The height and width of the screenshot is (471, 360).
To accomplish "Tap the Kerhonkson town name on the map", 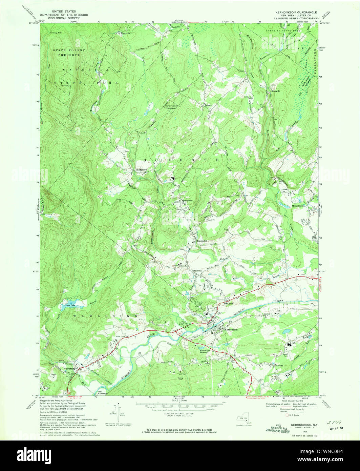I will [231, 329].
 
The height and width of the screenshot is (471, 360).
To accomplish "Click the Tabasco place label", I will [208, 105].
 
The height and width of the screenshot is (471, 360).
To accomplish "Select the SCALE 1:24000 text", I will [180, 400].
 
